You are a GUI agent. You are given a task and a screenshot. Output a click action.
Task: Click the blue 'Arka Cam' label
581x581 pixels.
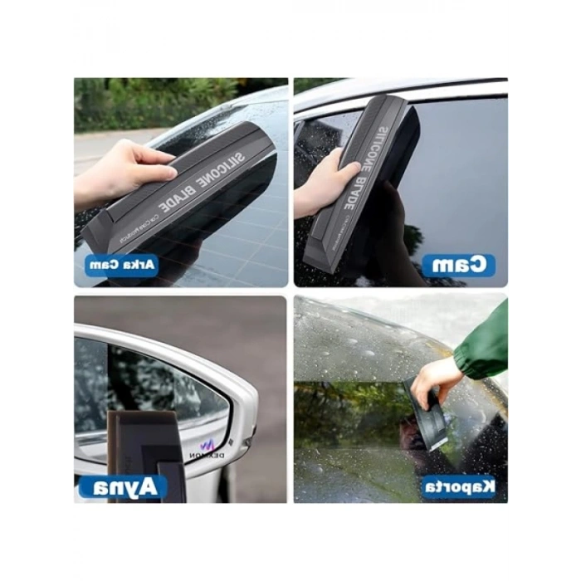click(121, 266)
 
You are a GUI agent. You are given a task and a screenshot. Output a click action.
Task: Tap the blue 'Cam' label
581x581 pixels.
click(458, 266)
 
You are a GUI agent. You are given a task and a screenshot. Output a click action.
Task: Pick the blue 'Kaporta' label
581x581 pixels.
click(458, 486)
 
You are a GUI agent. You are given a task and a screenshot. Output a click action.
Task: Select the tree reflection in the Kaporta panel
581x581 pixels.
click(349, 407)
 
